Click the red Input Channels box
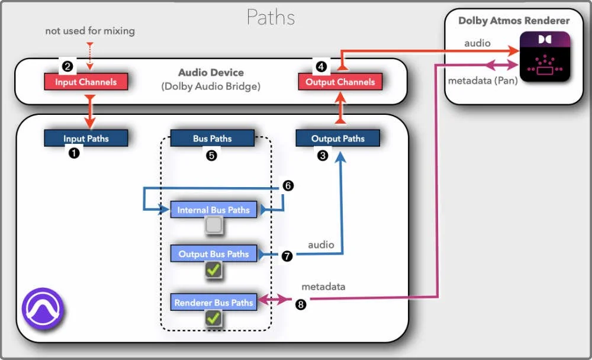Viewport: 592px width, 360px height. click(86, 82)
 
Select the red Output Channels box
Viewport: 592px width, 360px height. click(340, 82)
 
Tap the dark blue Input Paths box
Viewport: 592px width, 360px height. click(86, 139)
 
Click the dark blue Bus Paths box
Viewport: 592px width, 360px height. click(212, 139)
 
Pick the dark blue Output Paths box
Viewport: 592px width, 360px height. click(338, 139)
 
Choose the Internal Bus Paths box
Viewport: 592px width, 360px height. click(213, 210)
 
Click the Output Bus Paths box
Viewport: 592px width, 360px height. click(213, 254)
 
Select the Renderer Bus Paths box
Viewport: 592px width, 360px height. click(213, 303)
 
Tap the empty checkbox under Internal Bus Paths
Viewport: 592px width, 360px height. click(213, 225)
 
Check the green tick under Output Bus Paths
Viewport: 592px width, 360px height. click(213, 270)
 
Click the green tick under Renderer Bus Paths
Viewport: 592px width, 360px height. click(213, 319)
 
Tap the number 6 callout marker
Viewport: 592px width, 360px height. click(288, 185)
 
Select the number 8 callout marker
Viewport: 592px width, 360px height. click(301, 305)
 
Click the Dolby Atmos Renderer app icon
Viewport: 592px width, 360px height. click(545, 58)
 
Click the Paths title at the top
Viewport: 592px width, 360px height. click(271, 17)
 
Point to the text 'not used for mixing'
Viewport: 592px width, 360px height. click(90, 31)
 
